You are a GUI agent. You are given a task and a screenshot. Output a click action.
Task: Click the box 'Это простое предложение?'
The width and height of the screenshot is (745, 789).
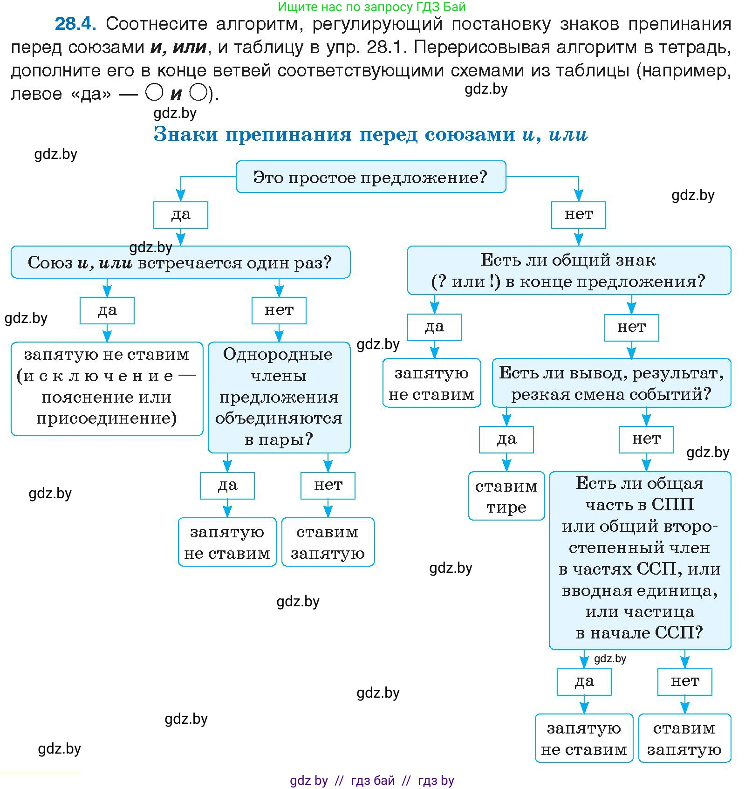370,177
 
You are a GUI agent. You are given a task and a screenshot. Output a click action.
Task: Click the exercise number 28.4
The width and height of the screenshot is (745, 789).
75,23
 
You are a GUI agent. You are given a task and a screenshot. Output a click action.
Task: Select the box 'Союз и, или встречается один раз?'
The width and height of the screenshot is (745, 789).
180,262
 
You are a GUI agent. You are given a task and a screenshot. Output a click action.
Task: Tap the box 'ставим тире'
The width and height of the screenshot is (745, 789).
506,496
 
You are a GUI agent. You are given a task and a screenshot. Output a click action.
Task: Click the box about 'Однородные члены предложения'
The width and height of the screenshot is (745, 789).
279,397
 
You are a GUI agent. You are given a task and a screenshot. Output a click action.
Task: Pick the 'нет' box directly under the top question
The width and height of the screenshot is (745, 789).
578,215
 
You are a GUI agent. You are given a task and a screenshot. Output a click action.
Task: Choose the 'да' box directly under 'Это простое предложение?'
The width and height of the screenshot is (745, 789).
180,215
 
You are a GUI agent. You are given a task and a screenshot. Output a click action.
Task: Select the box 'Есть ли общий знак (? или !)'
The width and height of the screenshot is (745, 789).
568,270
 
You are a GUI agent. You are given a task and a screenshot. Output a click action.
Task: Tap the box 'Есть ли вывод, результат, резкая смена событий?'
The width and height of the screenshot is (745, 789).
611,383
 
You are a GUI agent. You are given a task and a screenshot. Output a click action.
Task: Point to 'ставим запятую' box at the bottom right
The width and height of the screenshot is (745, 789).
684,738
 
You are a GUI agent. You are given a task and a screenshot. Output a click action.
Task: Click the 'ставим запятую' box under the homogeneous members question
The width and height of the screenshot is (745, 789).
328,542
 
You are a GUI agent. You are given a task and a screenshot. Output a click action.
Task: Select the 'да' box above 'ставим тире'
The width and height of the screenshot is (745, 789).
506,439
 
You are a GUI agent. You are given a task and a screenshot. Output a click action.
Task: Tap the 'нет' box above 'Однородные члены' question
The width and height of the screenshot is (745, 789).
279,310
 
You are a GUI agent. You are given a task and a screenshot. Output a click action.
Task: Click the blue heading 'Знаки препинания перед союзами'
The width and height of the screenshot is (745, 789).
370,134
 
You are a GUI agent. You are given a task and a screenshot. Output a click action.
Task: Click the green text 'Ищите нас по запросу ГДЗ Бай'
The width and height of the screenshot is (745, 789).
371,7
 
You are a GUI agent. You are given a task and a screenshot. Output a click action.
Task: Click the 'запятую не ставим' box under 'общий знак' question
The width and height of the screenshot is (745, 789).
431,383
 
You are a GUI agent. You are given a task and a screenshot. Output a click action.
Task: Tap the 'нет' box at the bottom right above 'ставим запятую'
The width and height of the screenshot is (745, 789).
684,682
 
